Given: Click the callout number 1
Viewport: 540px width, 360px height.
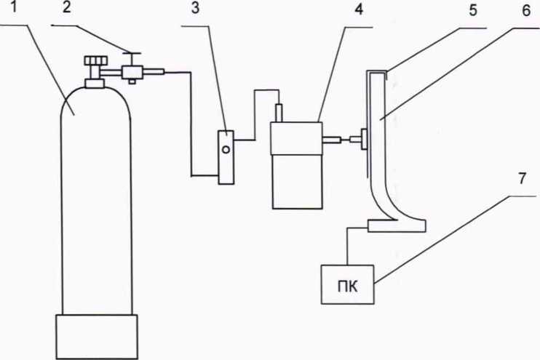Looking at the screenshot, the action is [x=14, y=7].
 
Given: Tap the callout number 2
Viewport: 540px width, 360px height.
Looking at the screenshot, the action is [x=66, y=7].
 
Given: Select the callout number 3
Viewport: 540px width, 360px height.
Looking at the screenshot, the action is [x=195, y=8].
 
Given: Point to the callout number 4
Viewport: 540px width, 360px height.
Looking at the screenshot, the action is [x=359, y=9].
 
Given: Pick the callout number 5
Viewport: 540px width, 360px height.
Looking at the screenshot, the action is [x=473, y=10].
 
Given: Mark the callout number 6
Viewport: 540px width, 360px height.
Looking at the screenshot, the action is [x=526, y=10].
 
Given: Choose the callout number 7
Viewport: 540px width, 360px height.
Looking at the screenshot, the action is [x=523, y=179].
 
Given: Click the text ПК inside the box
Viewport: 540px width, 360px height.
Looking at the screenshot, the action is [x=347, y=287].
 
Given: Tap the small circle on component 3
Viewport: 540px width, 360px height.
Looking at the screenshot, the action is [x=226, y=149].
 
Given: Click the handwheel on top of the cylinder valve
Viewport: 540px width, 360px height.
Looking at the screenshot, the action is [x=96, y=60].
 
